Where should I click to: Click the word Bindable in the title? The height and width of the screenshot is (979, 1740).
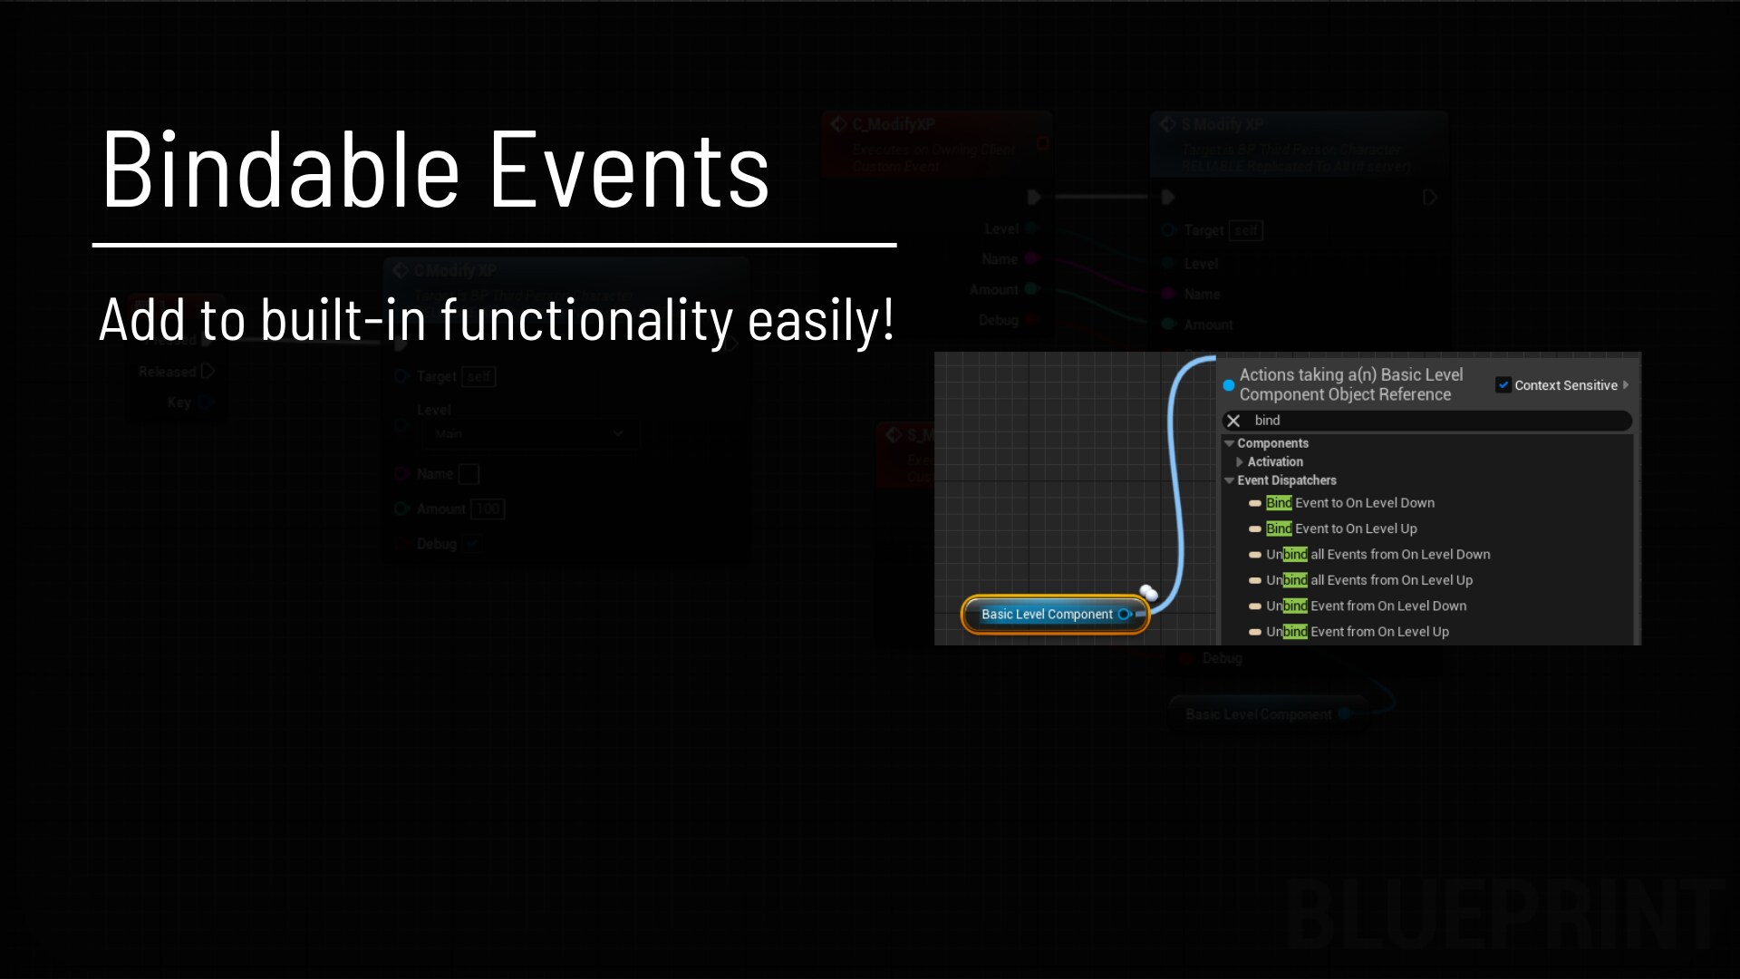pyautogui.click(x=281, y=170)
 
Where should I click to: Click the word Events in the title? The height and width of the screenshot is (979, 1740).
pyautogui.click(x=629, y=170)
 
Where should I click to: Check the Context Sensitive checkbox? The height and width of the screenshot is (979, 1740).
pyautogui.click(x=1503, y=385)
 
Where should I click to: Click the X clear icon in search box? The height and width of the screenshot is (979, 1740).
pyautogui.click(x=1233, y=421)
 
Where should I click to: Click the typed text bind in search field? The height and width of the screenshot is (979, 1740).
pyautogui.click(x=1267, y=421)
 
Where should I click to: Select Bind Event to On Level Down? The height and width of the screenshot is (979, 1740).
pyautogui.click(x=1349, y=503)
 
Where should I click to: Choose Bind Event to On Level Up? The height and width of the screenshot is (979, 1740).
pyautogui.click(x=1340, y=528)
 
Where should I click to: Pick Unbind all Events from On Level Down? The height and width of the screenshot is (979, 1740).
pyautogui.click(x=1377, y=555)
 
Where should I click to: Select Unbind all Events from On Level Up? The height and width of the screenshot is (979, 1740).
pyautogui.click(x=1368, y=580)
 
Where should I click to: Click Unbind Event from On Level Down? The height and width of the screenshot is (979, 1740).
pyautogui.click(x=1365, y=606)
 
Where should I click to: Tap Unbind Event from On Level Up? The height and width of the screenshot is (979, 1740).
pyautogui.click(x=1357, y=632)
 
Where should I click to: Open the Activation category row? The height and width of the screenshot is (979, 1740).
pyautogui.click(x=1274, y=462)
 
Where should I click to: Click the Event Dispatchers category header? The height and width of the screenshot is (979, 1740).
pyautogui.click(x=1286, y=480)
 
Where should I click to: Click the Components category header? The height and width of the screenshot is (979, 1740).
pyautogui.click(x=1272, y=443)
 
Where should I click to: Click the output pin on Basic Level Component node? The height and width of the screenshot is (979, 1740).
pyautogui.click(x=1125, y=615)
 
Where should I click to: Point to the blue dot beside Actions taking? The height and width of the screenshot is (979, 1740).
pyautogui.click(x=1229, y=385)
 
